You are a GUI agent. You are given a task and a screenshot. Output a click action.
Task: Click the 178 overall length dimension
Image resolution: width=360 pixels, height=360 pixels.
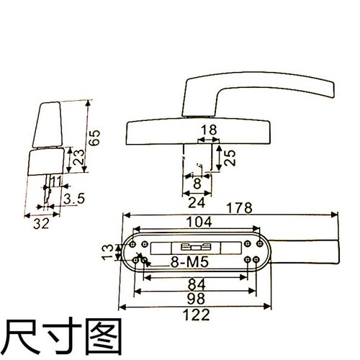[240, 208]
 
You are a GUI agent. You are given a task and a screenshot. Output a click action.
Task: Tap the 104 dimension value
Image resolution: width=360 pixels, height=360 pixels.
[199, 222]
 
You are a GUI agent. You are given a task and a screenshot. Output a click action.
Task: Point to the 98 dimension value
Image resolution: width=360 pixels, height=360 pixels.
[196, 298]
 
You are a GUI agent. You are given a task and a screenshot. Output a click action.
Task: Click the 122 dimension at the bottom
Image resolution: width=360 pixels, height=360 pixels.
[196, 315]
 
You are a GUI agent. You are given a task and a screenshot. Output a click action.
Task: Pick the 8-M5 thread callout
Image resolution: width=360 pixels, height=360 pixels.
[189, 262]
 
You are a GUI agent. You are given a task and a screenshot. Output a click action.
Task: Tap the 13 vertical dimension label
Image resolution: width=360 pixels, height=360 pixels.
[107, 252]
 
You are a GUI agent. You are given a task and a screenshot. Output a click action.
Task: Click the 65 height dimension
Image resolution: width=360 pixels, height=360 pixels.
[94, 138]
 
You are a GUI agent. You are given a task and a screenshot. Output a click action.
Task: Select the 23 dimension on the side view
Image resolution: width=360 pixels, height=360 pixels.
[78, 157]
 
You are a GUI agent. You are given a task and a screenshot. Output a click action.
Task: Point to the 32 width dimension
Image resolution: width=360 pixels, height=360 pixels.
[41, 224]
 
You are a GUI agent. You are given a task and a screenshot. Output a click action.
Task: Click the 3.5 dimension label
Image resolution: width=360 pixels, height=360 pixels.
[74, 199]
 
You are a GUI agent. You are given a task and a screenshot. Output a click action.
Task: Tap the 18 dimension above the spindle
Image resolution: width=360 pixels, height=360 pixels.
[209, 130]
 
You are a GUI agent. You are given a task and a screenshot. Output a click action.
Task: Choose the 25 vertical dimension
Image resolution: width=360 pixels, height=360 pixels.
[230, 158]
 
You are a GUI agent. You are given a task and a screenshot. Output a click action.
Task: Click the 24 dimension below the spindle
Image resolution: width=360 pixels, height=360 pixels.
[197, 203]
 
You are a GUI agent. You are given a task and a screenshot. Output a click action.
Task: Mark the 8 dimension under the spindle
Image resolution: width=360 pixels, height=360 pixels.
[197, 184]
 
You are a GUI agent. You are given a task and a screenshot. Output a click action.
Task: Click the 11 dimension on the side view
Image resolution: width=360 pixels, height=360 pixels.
[56, 181]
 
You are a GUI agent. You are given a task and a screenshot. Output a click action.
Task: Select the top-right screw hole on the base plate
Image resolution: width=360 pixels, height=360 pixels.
[260, 244]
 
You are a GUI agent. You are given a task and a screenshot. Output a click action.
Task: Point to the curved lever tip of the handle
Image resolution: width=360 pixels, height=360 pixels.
[333, 90]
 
